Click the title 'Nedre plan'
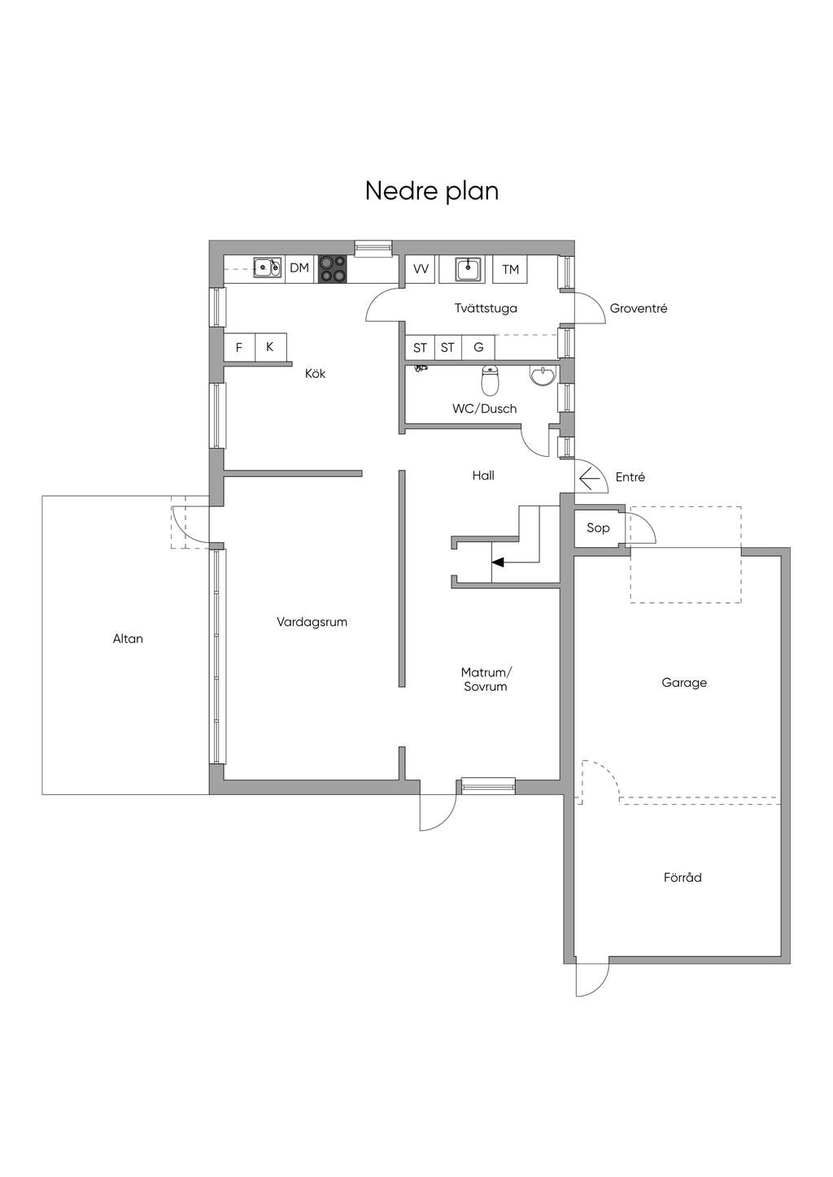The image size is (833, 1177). pos(431,191)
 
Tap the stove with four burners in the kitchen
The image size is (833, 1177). pos(331,269)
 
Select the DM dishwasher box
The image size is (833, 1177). pos(299,268)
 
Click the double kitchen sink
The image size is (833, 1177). pos(267,267)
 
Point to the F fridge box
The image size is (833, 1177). pos(239,347)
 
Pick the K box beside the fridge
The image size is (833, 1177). pos(270,346)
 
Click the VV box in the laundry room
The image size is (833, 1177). pos(421,269)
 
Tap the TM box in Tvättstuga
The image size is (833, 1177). pos(510,269)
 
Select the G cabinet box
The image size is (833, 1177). pos(478,347)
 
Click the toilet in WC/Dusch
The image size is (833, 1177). pos(490,379)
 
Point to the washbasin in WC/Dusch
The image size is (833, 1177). pos(543,376)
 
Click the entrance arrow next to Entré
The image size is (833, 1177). pos(589,480)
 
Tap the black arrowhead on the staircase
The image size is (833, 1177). pos(497,562)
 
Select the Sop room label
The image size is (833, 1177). pos(598,528)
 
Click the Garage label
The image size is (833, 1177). pos(683,683)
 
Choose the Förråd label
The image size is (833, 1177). pos(682,878)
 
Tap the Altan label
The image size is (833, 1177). pos(128,639)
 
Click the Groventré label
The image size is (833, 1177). pos(638,309)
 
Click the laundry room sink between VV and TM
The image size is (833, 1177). pos(468,268)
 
